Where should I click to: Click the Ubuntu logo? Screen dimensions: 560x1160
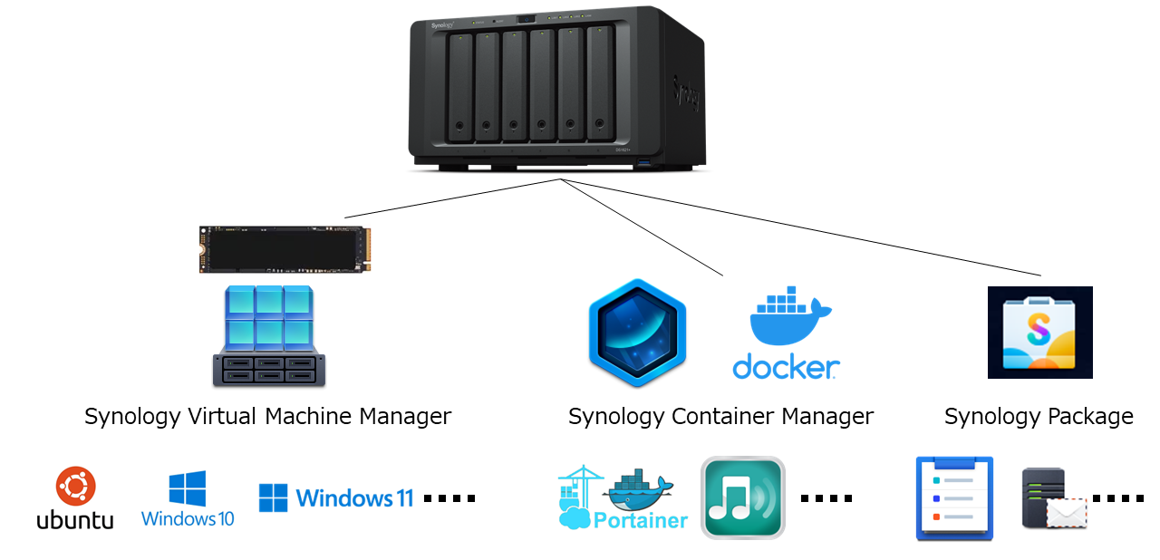pyautogui.click(x=75, y=497)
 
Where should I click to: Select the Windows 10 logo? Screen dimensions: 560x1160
pyautogui.click(x=188, y=498)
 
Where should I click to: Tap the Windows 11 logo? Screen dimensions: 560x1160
pyautogui.click(x=336, y=497)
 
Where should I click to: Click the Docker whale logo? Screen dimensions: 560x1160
pyautogui.click(x=786, y=334)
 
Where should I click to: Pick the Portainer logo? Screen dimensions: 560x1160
pyautogui.click(x=623, y=498)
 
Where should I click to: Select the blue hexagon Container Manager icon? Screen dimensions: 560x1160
pyautogui.click(x=637, y=333)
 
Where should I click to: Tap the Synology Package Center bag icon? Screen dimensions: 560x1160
pyautogui.click(x=1039, y=333)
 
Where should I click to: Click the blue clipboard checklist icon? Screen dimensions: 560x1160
pyautogui.click(x=954, y=498)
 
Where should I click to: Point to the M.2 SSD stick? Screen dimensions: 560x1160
pyautogui.click(x=285, y=249)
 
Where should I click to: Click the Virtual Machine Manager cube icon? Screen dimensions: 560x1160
pyautogui.click(x=269, y=336)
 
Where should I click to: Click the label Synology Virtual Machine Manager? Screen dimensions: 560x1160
pyautogui.click(x=267, y=417)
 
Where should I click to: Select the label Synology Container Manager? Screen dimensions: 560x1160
pyautogui.click(x=720, y=417)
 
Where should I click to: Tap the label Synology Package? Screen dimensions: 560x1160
pyautogui.click(x=1039, y=417)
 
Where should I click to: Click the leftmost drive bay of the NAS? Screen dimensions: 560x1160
pyautogui.click(x=460, y=87)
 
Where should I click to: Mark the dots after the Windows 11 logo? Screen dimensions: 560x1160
pyautogui.click(x=449, y=498)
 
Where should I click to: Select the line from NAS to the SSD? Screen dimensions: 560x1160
pyautogui.click(x=453, y=198)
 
